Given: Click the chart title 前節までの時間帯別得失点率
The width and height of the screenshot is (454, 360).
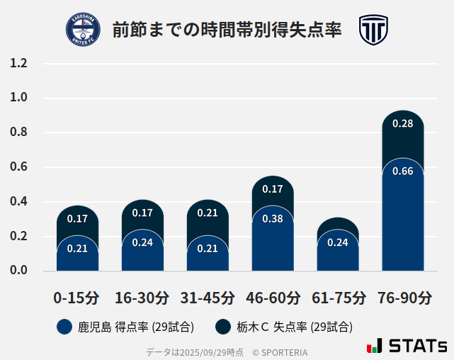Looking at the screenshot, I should pyautogui.click(x=227, y=30).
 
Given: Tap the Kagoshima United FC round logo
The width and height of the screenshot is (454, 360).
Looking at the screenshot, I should pyautogui.click(x=83, y=30).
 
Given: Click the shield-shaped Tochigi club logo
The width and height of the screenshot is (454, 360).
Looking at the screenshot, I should pyautogui.click(x=373, y=30).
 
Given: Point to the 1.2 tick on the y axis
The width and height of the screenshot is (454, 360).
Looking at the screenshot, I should pyautogui.click(x=18, y=63).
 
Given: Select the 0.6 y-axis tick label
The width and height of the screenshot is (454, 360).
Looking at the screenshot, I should pyautogui.click(x=18, y=167).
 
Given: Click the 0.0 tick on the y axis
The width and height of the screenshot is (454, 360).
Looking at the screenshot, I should pyautogui.click(x=18, y=271).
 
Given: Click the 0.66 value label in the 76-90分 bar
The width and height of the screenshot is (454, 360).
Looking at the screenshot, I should pyautogui.click(x=402, y=171).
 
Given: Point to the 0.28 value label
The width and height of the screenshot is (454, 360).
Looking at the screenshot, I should pyautogui.click(x=402, y=123).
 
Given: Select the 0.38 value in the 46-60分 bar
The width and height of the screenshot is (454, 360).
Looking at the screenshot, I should pyautogui.click(x=273, y=218).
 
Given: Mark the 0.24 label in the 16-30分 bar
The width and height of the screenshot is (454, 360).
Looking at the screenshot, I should pyautogui.click(x=142, y=242).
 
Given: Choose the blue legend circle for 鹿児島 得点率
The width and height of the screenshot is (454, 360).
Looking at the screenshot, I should pyautogui.click(x=64, y=327).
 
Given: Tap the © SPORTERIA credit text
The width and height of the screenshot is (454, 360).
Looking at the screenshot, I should pyautogui.click(x=280, y=352).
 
